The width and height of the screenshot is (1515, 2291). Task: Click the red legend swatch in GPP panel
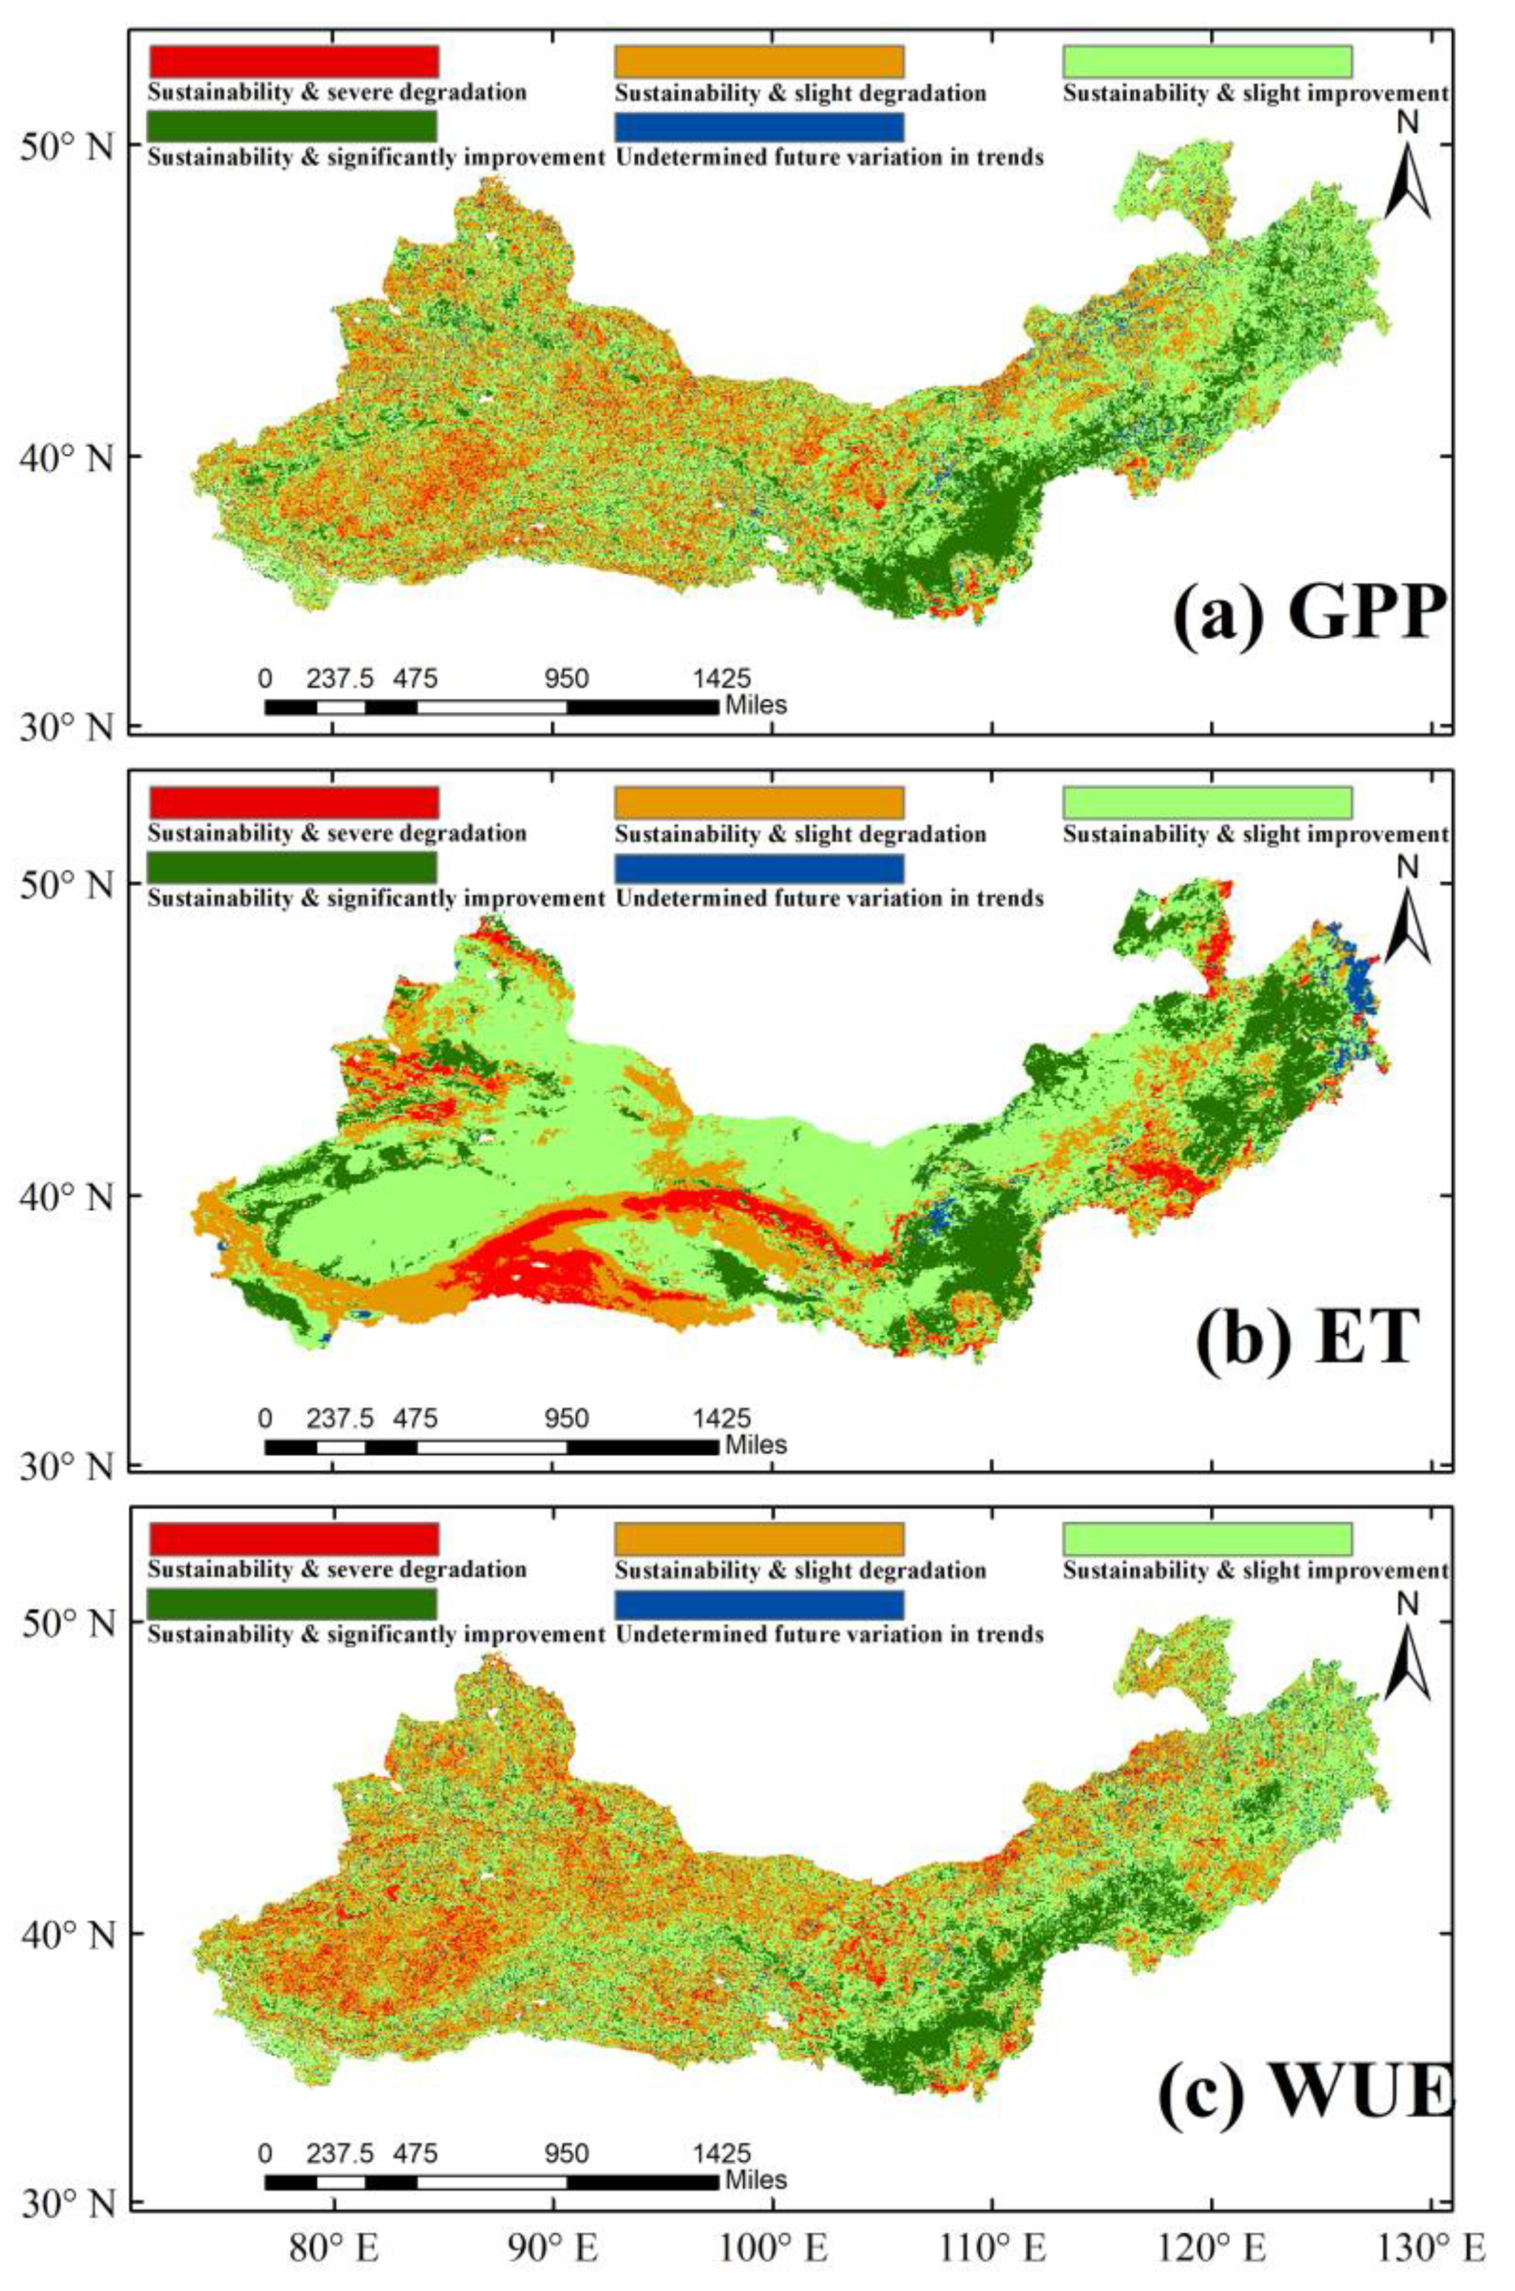point(294,61)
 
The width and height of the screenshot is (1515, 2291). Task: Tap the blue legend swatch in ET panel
point(758,868)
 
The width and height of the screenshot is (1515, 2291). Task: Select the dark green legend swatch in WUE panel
point(293,1604)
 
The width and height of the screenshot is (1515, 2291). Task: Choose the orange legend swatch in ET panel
point(758,802)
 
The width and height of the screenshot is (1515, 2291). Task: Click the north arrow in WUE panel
point(1408,1657)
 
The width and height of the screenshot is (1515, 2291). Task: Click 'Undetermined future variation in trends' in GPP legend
point(829,157)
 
